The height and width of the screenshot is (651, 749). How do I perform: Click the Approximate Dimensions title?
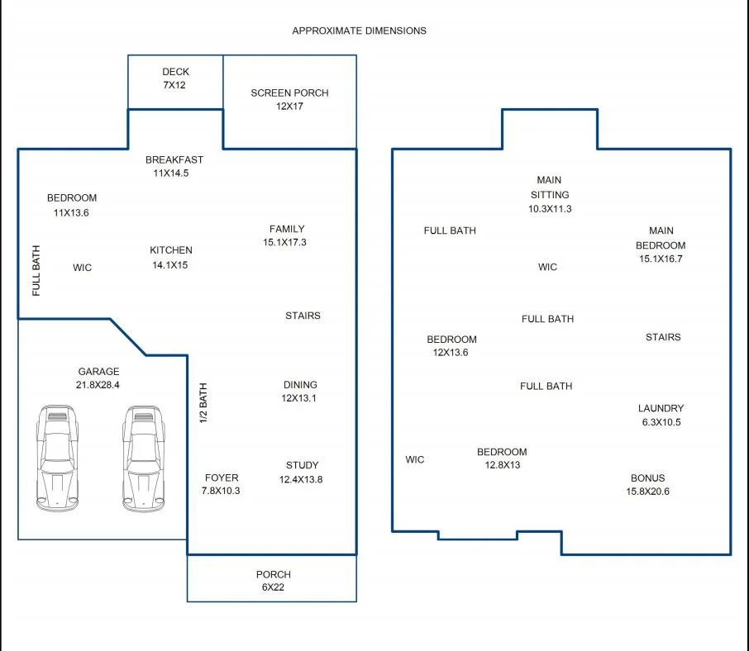coord(360,31)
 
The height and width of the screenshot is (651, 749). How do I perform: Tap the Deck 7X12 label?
coord(175,78)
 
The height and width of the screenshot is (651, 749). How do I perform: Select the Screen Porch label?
coord(289,93)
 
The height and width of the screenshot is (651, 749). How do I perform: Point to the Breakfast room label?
coord(174,160)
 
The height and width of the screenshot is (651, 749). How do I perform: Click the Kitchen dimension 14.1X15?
coord(170,265)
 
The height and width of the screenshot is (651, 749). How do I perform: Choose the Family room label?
coord(287,229)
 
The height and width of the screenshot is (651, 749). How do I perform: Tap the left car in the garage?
coord(57,459)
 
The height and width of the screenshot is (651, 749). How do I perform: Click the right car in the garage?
coord(143,459)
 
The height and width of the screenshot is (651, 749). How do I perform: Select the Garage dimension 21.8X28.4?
coord(98,385)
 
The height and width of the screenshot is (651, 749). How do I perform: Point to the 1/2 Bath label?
coord(203,403)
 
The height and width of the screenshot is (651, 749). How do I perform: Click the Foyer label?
coord(222,478)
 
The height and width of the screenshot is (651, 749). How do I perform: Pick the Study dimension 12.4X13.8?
coord(301,479)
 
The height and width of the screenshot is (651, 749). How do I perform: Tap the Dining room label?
coord(300,385)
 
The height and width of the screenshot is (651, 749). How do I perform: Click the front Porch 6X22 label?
coord(274,581)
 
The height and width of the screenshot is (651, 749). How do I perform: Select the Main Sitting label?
coord(549,187)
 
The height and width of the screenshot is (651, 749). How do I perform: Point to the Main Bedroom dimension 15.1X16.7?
coord(661,259)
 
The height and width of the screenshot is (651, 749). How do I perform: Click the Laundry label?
coord(661,408)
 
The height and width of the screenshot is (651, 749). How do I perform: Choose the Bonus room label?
coord(648,478)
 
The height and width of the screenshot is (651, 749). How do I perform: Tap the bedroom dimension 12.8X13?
coord(503,465)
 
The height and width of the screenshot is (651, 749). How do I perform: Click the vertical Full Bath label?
coord(36,271)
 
